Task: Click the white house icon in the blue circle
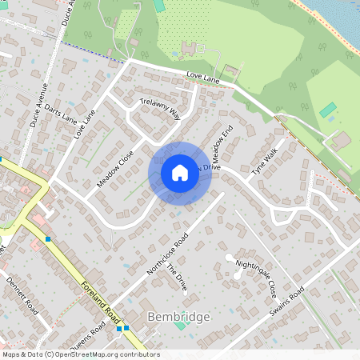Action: coord(180,173)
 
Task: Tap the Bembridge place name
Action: coord(179,318)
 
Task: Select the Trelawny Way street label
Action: coord(161,110)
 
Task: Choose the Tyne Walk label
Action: coord(264,161)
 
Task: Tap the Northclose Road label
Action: coord(167,255)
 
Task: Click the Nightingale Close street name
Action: coord(261,277)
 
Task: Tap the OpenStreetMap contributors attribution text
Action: coord(81,354)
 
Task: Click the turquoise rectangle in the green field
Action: coord(328,110)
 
